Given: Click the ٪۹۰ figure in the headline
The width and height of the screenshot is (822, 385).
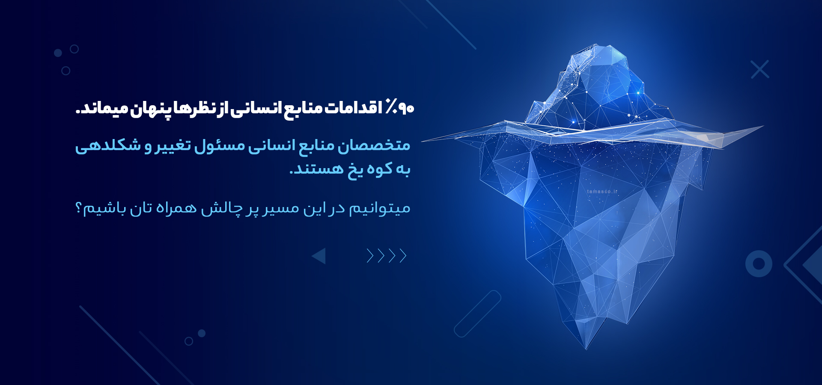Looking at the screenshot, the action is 400,107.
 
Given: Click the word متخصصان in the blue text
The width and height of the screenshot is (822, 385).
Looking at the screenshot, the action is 374,145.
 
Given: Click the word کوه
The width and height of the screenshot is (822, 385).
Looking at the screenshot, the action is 379,169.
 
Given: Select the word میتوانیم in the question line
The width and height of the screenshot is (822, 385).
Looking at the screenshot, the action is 380,209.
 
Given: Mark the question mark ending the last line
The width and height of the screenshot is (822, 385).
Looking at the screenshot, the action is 79,208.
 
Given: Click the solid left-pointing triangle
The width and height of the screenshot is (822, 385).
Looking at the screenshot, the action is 320,256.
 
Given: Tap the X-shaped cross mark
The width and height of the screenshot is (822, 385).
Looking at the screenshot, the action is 760,69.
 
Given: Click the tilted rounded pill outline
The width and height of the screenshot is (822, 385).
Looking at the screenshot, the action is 477,314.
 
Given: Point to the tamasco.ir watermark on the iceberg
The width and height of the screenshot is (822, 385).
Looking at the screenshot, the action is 602,192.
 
